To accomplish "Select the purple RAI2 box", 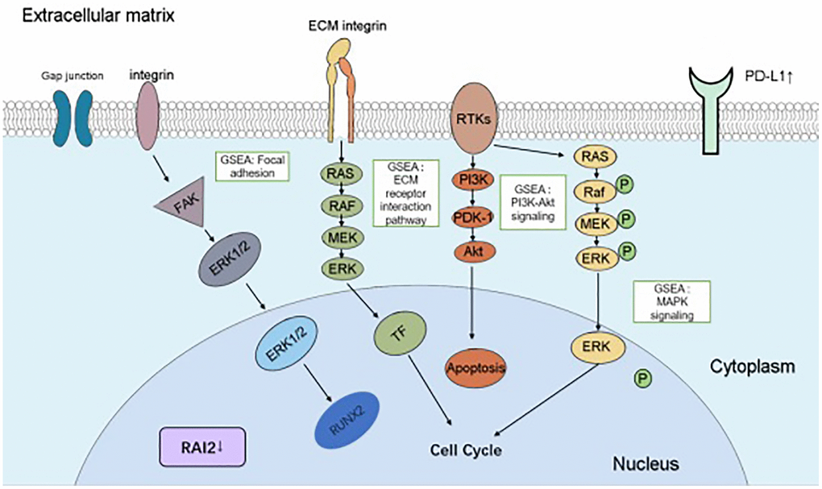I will click(x=201, y=445).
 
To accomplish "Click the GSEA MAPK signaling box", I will click(x=671, y=300).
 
